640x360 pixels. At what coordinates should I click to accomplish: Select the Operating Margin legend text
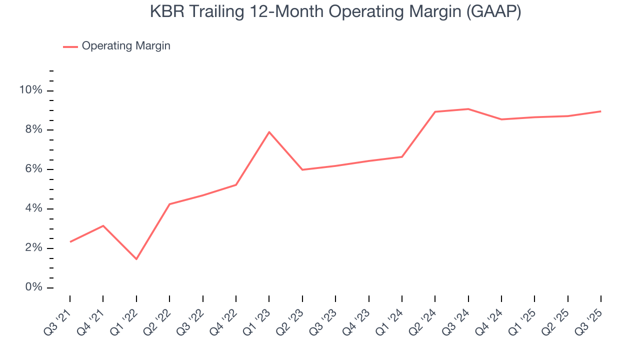click(126, 46)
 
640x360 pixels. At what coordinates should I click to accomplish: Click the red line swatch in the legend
click(70, 46)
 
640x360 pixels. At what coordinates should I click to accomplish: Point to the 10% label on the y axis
click(30, 90)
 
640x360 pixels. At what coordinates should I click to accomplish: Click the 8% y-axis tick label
click(33, 130)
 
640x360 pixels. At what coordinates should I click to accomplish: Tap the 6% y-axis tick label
click(33, 169)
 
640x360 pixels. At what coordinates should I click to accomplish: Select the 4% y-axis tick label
click(33, 209)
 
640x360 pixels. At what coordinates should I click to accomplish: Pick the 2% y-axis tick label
click(33, 248)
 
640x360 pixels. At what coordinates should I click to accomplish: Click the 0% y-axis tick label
click(33, 288)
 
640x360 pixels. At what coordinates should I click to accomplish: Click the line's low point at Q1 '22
click(136, 259)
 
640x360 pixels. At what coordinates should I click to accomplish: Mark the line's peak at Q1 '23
click(269, 132)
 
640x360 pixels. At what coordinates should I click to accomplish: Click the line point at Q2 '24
click(435, 111)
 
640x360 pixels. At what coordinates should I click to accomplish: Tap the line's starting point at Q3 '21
click(70, 242)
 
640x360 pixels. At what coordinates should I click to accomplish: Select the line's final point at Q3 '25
click(601, 111)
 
